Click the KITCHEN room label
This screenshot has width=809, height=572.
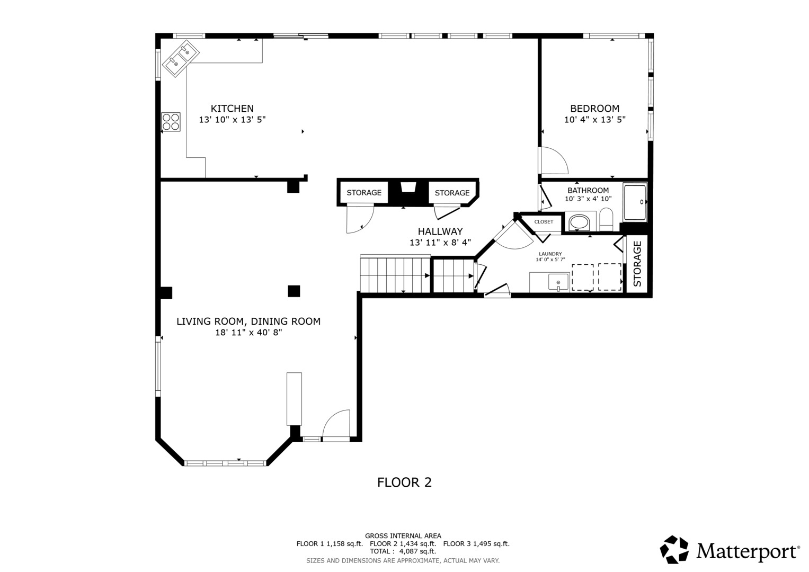point(232,109)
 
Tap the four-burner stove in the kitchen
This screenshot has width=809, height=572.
point(171,122)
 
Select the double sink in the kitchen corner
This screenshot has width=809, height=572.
point(181,58)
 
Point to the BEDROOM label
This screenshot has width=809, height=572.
point(595,109)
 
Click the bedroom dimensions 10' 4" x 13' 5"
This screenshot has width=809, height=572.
point(595,120)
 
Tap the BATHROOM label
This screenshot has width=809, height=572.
point(588,190)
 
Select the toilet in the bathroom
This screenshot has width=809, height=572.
point(607,219)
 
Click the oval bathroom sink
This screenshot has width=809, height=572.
point(579,222)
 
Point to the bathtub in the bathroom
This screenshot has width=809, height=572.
point(635,202)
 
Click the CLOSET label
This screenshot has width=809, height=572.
point(544,222)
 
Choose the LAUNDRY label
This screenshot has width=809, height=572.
point(550,254)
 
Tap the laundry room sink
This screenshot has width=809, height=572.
point(558,282)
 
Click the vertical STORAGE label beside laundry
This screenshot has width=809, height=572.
point(637,264)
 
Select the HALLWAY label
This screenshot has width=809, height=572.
point(440,231)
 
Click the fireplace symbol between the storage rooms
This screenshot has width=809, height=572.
point(408,187)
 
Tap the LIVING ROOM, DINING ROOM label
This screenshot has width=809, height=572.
point(248,321)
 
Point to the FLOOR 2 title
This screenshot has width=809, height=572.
point(405,482)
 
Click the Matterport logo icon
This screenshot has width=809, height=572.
point(674,550)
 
